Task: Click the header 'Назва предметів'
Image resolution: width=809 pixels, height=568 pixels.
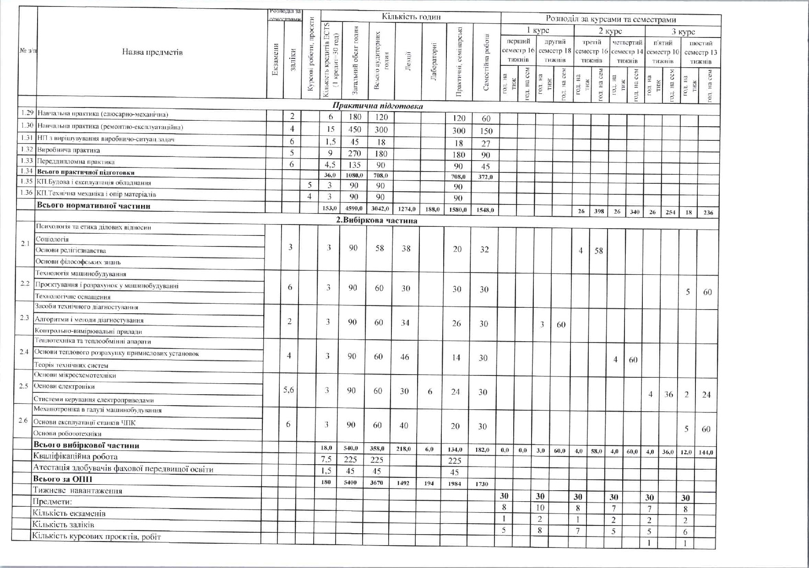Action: (152, 52)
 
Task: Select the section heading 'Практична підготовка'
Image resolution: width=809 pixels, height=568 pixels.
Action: (377, 106)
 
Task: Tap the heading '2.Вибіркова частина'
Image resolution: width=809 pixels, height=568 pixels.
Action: (376, 220)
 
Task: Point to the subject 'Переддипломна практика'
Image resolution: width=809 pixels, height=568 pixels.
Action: (76, 161)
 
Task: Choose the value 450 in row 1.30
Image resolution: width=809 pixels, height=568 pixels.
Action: (354, 129)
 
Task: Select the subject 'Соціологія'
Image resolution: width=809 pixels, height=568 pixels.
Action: (52, 239)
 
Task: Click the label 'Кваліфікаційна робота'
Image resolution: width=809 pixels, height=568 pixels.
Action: (76, 456)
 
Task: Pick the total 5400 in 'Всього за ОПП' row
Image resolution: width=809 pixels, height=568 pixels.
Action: (350, 482)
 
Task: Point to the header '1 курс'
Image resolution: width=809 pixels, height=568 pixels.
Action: (538, 31)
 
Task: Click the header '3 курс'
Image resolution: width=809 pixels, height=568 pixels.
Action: (683, 32)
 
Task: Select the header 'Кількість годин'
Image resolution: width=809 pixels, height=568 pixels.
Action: (411, 17)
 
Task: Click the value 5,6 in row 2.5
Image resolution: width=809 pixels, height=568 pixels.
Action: (288, 390)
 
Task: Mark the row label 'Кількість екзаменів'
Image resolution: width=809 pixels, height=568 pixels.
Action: (69, 513)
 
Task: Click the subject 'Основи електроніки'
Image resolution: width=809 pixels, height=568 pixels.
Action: (64, 386)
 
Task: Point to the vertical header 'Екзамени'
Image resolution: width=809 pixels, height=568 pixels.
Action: (276, 59)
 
